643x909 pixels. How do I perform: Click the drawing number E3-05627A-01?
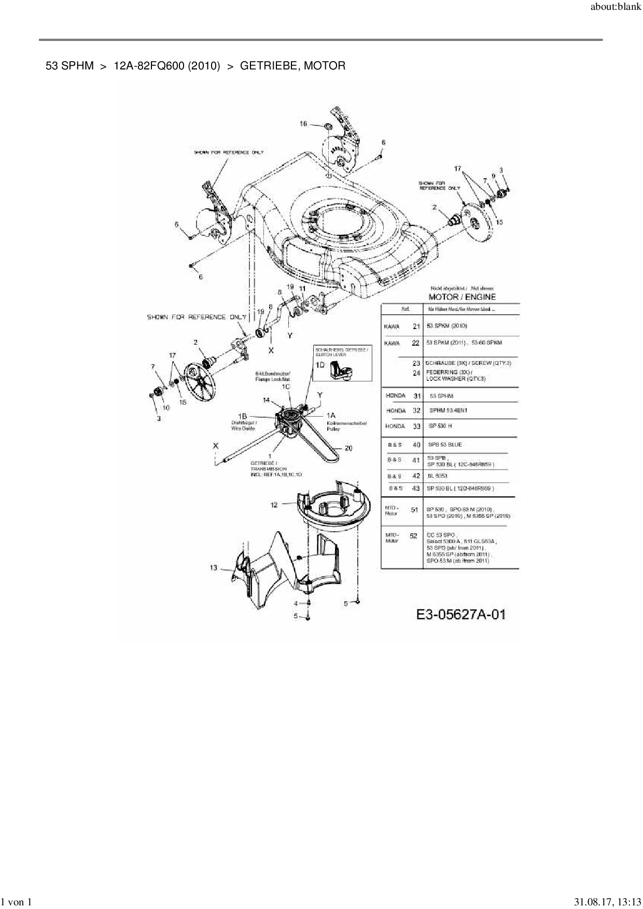pyautogui.click(x=461, y=615)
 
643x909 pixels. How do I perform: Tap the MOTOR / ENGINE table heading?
pyautogui.click(x=462, y=297)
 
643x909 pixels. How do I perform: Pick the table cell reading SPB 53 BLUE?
pyautogui.click(x=444, y=445)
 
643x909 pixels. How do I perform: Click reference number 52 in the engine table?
pyautogui.click(x=413, y=536)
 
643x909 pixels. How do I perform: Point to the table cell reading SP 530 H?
pyautogui.click(x=440, y=426)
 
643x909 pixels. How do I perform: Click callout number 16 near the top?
pyautogui.click(x=304, y=124)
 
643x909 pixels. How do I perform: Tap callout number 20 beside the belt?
pyautogui.click(x=348, y=448)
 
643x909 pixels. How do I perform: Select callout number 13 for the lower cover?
pyautogui.click(x=214, y=568)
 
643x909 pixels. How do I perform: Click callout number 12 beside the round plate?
pyautogui.click(x=274, y=505)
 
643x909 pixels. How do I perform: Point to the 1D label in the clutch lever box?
pyautogui.click(x=320, y=365)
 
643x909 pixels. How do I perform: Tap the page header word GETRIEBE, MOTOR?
pyautogui.click(x=292, y=66)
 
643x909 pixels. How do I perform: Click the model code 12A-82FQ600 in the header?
pyautogui.click(x=166, y=66)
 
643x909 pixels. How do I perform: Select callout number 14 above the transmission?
pyautogui.click(x=266, y=400)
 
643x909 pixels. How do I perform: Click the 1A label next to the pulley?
pyautogui.click(x=331, y=416)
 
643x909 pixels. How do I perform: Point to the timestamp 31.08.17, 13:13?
pyautogui.click(x=607, y=902)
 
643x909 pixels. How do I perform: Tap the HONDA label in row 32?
pyautogui.click(x=396, y=411)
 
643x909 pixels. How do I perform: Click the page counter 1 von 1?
pyautogui.click(x=17, y=902)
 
